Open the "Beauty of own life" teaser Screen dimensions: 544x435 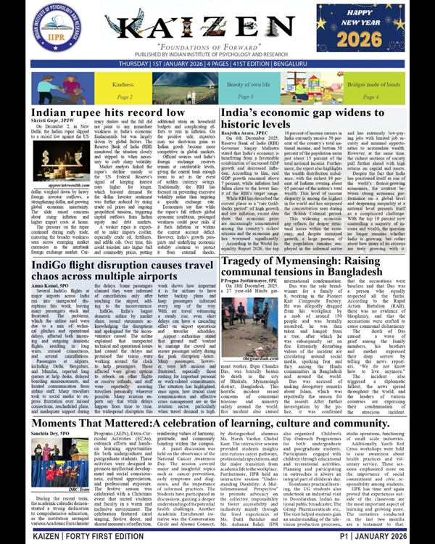pyautogui.click(x=246, y=90)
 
